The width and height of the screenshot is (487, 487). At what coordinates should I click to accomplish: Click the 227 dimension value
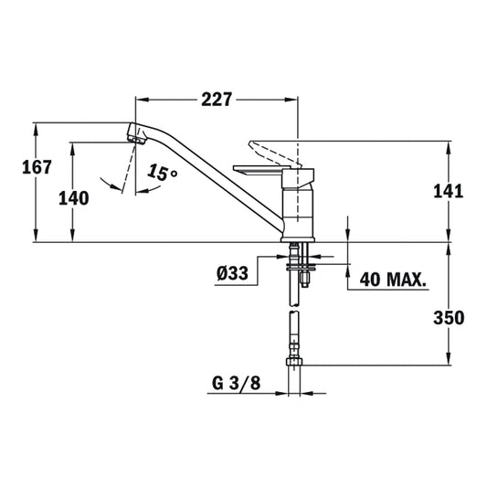click(216, 100)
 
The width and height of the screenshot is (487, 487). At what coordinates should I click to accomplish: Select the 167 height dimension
click(36, 169)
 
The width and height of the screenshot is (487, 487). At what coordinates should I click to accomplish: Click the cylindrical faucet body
click(298, 206)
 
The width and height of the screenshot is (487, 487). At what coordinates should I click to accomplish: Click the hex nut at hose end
click(295, 364)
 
